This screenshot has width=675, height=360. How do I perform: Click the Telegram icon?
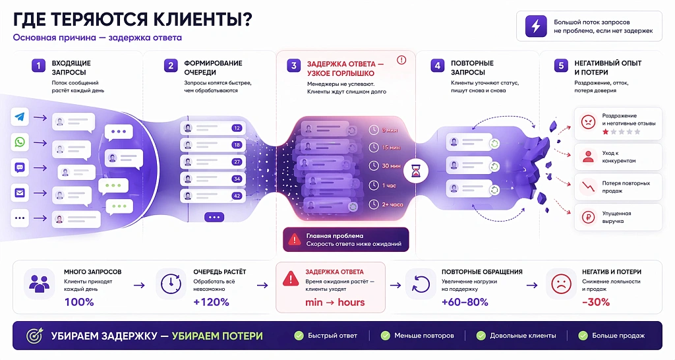tap(20, 117)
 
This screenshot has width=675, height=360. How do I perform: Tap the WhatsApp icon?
tap(20, 142)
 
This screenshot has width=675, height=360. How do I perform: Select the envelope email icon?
tap(20, 193)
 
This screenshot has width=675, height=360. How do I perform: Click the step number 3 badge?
tap(293, 66)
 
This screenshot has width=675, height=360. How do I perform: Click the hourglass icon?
tap(417, 170)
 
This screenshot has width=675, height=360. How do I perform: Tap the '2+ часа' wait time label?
tap(393, 204)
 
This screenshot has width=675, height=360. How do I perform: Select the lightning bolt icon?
tap(535, 26)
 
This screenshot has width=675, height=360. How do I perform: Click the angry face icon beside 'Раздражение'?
tap(587, 122)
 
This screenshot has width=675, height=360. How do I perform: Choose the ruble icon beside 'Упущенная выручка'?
tap(587, 217)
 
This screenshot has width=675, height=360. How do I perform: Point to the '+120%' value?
tap(211, 302)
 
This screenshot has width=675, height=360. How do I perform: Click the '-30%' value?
tap(596, 302)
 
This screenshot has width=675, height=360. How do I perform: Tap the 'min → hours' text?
tap(334, 302)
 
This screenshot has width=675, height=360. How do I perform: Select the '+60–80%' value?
tap(465, 302)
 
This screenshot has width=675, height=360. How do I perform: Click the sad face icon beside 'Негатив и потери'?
tap(561, 283)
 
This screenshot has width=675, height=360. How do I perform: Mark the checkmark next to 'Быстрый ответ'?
tap(299, 336)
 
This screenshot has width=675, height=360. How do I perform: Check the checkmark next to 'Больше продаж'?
tap(583, 336)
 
